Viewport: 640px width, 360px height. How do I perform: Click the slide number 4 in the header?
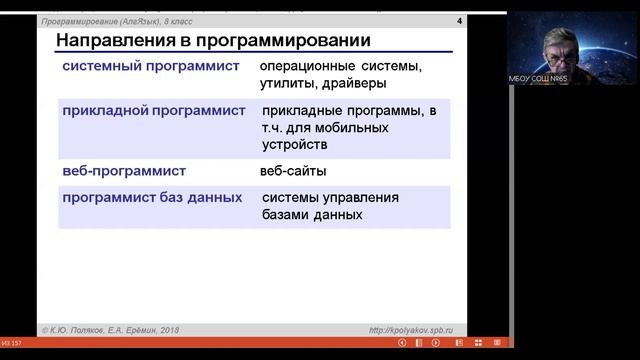pos(459,22)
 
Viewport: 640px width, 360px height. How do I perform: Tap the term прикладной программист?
pos(153,110)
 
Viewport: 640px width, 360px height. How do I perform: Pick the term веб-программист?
pos(123,170)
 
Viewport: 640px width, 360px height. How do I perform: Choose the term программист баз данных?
pos(152,197)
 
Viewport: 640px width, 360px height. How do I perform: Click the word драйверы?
pos(368,84)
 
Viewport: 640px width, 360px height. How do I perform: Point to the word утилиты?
pos(289,84)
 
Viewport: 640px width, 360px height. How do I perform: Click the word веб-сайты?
pos(292,171)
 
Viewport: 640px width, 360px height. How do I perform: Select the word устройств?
pos(297,145)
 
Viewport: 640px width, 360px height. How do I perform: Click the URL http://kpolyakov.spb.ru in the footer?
pos(411,329)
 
